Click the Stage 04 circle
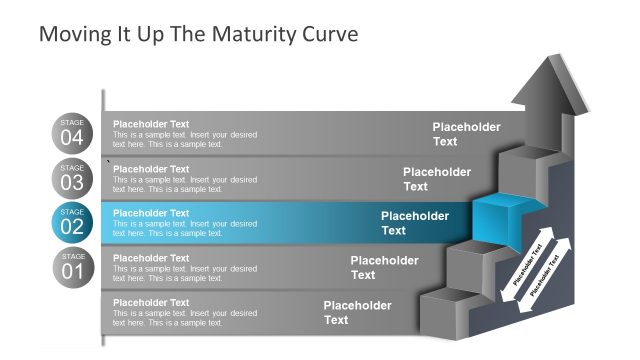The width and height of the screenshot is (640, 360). [73, 134]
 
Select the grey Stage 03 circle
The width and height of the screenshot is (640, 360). [73, 178]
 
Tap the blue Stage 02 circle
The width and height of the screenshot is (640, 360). [73, 223]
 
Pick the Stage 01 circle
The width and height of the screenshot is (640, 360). [73, 267]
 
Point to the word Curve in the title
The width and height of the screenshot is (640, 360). [329, 34]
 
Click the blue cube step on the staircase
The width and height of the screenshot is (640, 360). [497, 218]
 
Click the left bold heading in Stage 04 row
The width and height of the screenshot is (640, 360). [151, 125]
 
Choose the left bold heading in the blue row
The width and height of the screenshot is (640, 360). [151, 213]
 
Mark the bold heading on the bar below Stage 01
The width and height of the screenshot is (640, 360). [151, 302]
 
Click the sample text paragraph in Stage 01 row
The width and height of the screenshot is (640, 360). [184, 273]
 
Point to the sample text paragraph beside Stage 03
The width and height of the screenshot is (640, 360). [184, 184]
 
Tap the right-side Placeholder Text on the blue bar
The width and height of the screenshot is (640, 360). [414, 223]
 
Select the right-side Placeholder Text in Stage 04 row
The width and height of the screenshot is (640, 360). [466, 134]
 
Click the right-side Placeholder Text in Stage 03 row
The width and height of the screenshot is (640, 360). [436, 179]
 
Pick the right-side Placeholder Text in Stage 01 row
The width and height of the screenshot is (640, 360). [384, 267]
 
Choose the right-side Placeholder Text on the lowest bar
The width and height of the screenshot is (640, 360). [357, 312]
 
